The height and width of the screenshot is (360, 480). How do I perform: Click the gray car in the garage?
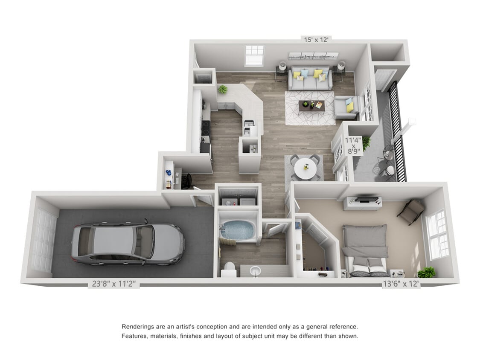128,244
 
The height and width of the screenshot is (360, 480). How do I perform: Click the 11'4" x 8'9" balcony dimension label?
353,145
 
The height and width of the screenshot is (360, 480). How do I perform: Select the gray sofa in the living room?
309,79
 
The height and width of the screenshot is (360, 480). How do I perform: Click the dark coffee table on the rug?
312,105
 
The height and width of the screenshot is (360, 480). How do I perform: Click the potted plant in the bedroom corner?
426,272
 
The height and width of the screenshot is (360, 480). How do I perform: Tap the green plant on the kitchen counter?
222,89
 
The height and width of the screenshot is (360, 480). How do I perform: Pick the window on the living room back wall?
254,55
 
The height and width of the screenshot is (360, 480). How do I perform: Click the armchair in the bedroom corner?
411,211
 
